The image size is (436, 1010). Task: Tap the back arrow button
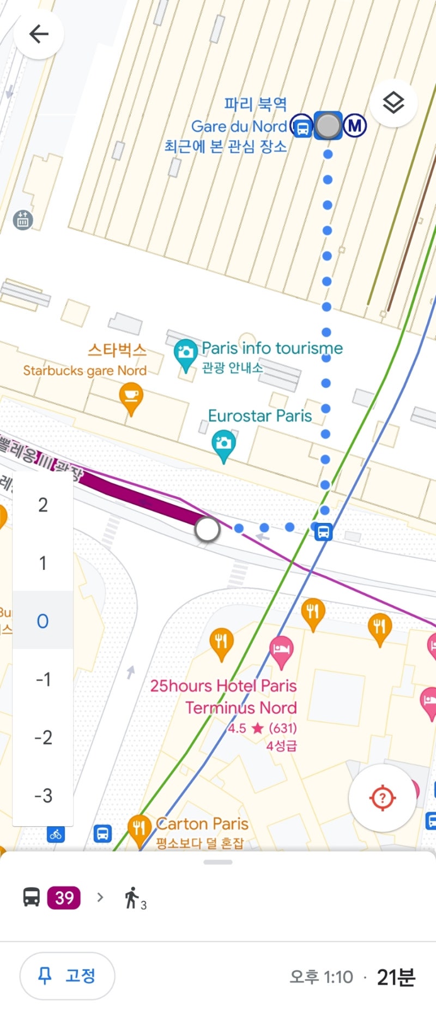[x=38, y=34]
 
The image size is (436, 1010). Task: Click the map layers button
[x=393, y=103]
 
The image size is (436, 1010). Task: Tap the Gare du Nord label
[x=239, y=127]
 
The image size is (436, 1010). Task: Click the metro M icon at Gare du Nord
[x=355, y=126]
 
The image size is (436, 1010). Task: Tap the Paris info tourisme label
[x=272, y=348]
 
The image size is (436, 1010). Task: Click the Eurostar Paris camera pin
[x=223, y=444]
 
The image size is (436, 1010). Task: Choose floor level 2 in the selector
[x=43, y=505]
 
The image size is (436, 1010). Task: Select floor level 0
[x=43, y=621]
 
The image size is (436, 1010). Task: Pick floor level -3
[x=43, y=796]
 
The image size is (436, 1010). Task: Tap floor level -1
[x=43, y=680]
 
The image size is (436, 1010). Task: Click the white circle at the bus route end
[x=207, y=529]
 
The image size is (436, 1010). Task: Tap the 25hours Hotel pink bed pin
[x=281, y=650]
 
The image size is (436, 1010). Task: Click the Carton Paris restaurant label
[x=202, y=823]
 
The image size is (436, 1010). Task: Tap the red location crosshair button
[x=382, y=798]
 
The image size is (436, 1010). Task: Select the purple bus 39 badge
[x=64, y=898]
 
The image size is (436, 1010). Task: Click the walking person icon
[x=132, y=898]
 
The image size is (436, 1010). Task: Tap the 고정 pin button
[x=68, y=976]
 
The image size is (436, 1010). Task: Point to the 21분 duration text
[x=396, y=977]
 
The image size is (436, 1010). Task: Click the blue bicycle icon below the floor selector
[x=56, y=834]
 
